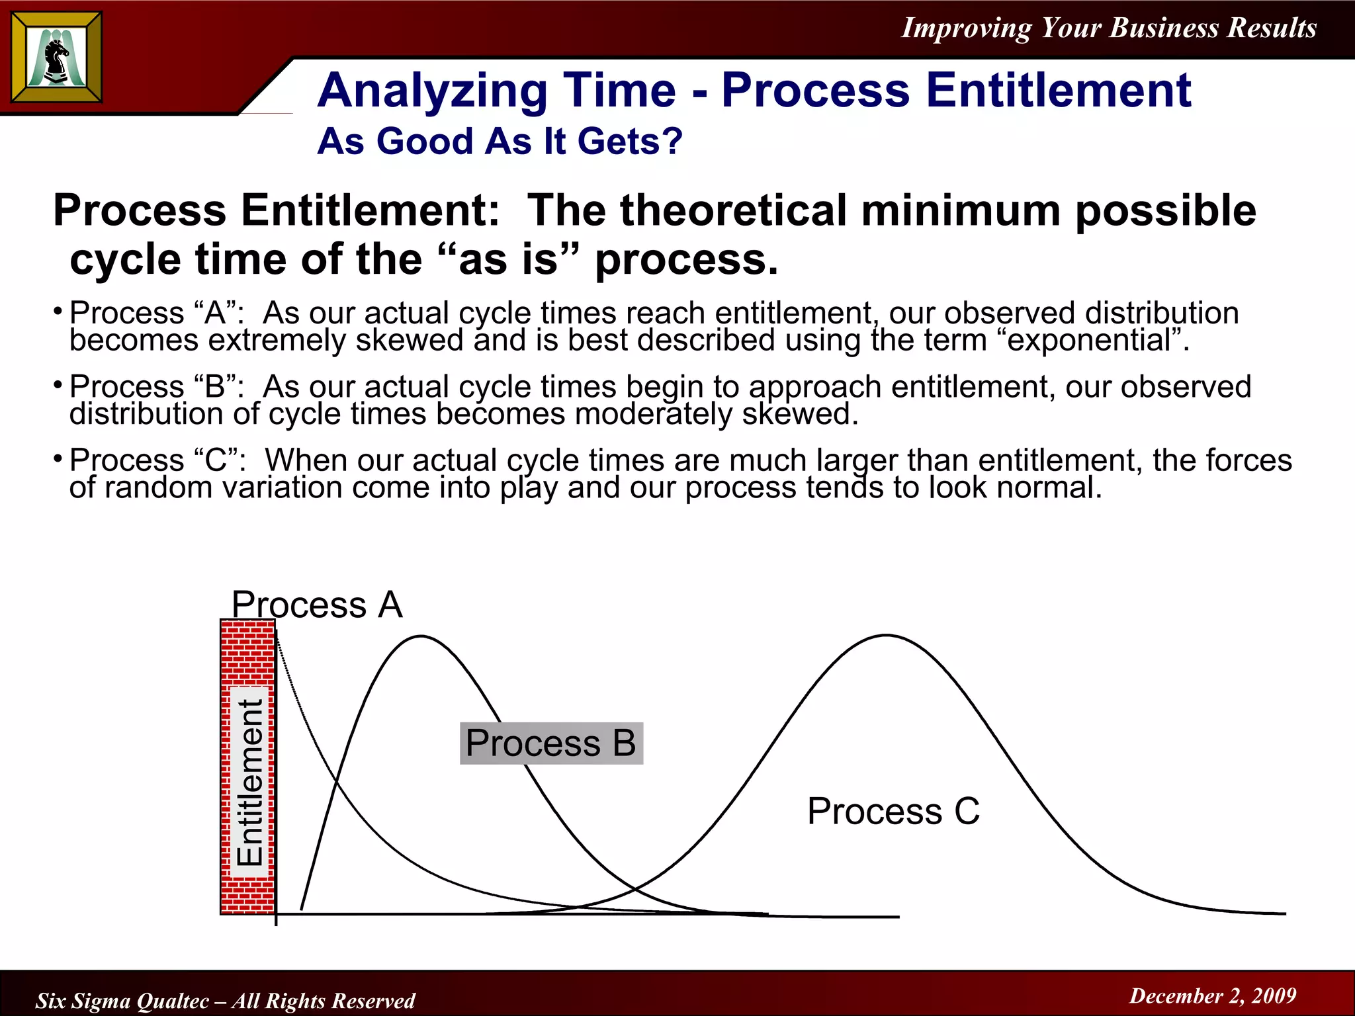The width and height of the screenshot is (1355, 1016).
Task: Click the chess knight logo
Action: [57, 58]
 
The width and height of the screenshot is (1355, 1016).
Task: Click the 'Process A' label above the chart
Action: [317, 605]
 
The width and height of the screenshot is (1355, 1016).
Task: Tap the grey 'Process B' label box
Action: [550, 743]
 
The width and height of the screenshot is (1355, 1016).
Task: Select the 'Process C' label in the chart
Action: [893, 811]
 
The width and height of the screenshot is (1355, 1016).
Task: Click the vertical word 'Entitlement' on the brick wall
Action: [250, 782]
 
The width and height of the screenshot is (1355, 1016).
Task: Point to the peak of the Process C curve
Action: [886, 636]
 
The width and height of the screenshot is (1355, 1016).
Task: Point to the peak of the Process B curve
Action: [421, 636]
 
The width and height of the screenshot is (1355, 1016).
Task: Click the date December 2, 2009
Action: [1212, 995]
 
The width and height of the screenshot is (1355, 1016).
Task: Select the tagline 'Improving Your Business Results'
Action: [1108, 28]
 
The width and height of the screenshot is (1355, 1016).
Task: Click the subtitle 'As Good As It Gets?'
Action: [500, 142]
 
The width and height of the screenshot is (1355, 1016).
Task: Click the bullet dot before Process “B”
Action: [58, 384]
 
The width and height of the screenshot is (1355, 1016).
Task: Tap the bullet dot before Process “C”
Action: [58, 458]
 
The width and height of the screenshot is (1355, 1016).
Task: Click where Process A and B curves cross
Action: [336, 783]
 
